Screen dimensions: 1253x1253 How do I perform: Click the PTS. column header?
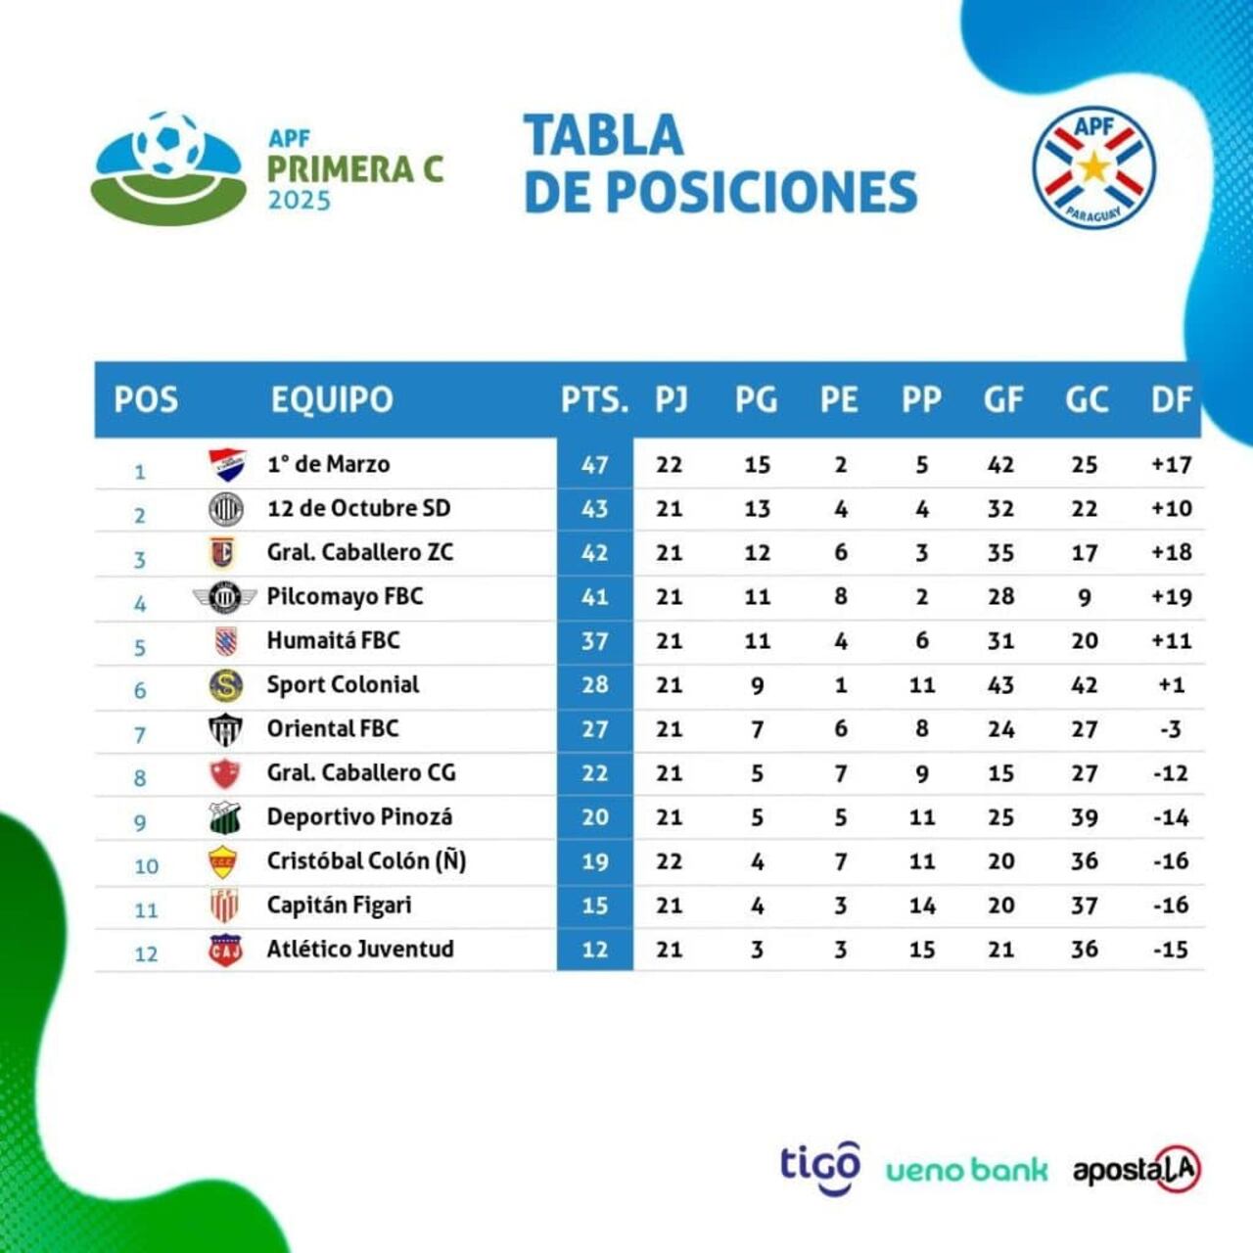[x=594, y=400]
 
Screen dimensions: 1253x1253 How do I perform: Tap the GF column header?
[x=1003, y=400]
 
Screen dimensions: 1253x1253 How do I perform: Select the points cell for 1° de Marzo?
[x=595, y=465]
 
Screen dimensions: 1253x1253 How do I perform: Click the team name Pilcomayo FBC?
[x=345, y=596]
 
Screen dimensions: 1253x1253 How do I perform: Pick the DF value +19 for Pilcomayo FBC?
[x=1172, y=597]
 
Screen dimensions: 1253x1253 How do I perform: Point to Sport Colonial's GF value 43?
[x=1000, y=684]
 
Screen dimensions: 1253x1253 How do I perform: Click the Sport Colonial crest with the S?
[x=226, y=685]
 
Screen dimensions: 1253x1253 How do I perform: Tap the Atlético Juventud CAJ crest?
[x=225, y=950]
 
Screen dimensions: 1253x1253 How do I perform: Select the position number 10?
[x=146, y=866]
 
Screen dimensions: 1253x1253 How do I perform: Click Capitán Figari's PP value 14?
[x=922, y=905]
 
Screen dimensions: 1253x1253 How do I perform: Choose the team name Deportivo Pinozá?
[x=359, y=816]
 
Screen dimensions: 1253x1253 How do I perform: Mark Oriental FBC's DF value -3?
[x=1171, y=729]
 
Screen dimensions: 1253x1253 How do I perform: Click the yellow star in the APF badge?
[x=1094, y=167]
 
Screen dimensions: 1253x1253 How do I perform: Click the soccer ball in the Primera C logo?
[x=167, y=144]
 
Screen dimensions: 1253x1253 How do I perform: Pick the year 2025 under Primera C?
[x=300, y=201]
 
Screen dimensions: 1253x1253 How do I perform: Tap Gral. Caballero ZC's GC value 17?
[x=1084, y=553]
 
